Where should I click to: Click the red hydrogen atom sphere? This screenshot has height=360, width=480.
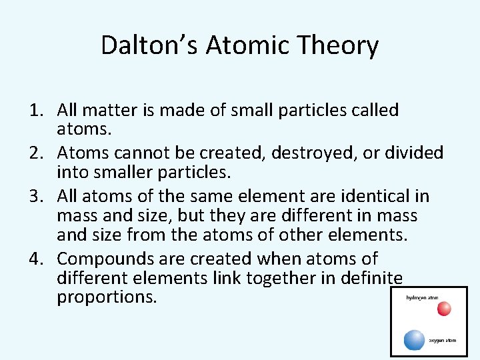(x=444, y=309)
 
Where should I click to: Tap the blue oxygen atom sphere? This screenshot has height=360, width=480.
(x=414, y=339)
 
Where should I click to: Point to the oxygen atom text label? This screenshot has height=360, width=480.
(x=443, y=340)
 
